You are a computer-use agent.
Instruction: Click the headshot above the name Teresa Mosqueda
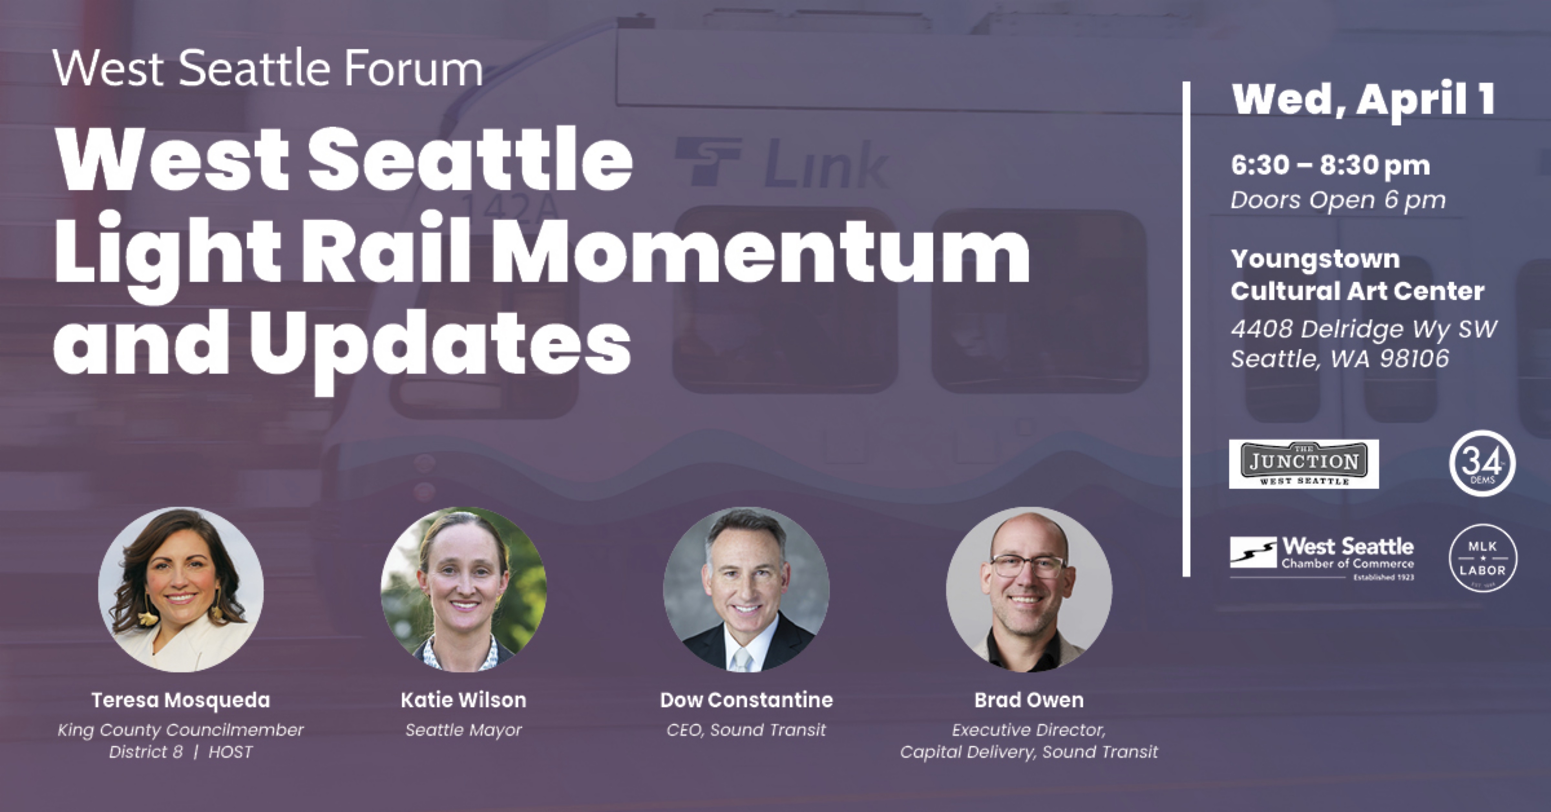click(181, 589)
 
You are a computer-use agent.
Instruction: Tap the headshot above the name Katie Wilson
click(464, 589)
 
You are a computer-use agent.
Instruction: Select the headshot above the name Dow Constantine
click(746, 589)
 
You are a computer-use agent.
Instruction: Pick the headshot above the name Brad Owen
click(1029, 589)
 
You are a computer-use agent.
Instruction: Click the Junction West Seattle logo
click(1303, 463)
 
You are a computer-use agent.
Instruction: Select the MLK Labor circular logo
click(1482, 558)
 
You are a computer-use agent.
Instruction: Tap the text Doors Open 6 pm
click(1338, 200)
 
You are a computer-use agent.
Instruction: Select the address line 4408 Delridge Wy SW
click(1364, 329)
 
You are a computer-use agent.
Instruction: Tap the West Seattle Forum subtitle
click(268, 68)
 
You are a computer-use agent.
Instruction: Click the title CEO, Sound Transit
click(746, 730)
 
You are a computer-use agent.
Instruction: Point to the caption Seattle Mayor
click(464, 730)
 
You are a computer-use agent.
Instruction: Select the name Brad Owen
click(1029, 700)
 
